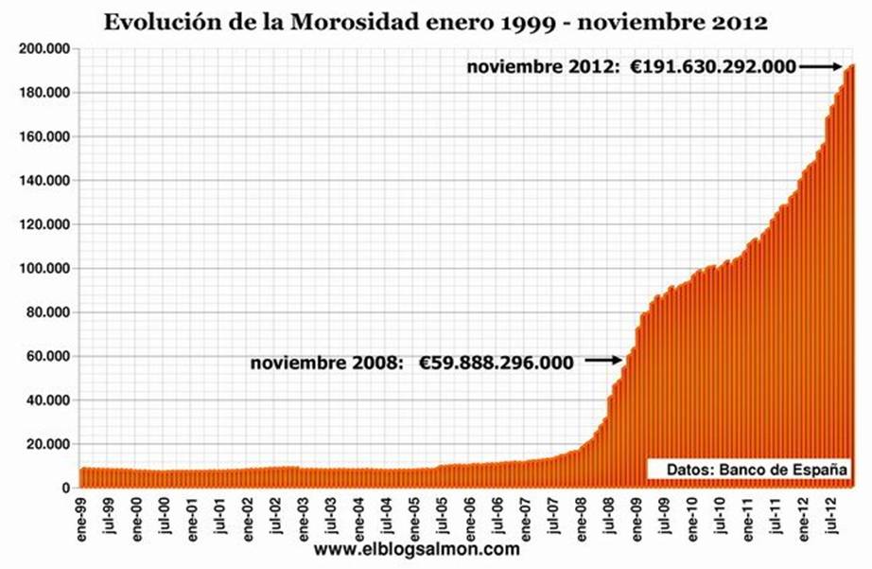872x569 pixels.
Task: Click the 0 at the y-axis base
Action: pyautogui.click(x=66, y=489)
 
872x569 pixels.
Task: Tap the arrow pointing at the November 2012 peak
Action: pyautogui.click(x=819, y=66)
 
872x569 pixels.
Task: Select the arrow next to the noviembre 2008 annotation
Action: pyautogui.click(x=602, y=360)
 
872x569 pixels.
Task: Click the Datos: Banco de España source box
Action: pyautogui.click(x=745, y=470)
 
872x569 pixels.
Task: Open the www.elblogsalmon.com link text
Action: pyautogui.click(x=416, y=548)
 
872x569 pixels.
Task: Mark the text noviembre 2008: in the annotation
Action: pyautogui.click(x=328, y=362)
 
